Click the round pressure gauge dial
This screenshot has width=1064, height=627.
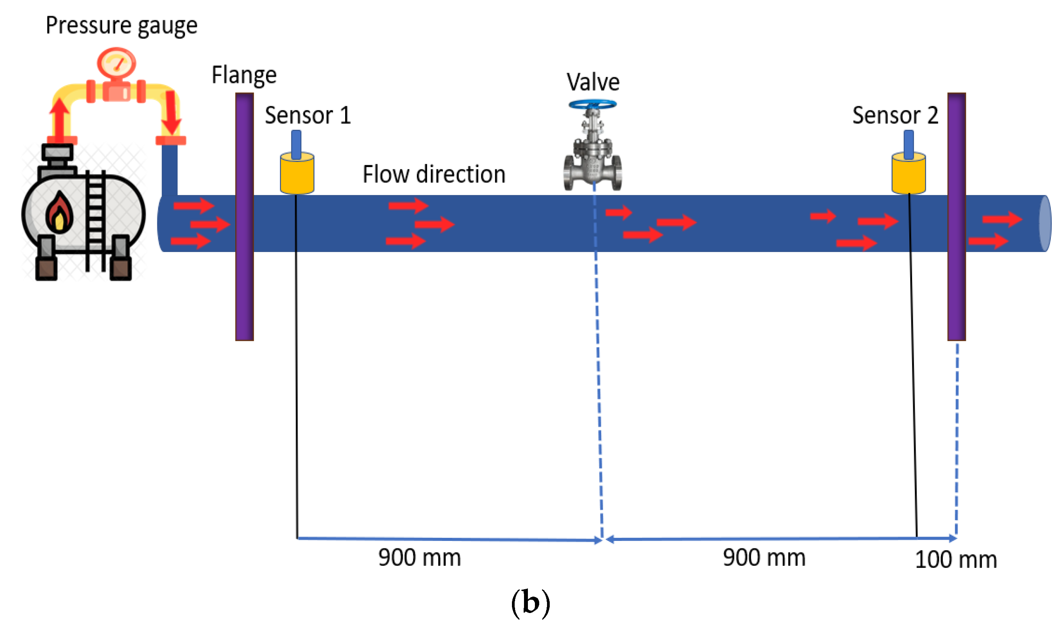pos(116,63)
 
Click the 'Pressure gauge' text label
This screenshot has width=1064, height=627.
pos(121,25)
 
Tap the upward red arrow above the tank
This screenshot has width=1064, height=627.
pos(60,118)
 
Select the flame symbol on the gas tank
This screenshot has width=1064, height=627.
pos(59,213)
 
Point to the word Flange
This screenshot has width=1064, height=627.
pos(244,76)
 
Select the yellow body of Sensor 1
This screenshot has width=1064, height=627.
pos(296,174)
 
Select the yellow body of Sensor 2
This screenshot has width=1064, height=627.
pos(909,174)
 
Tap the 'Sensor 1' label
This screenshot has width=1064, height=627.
pos(308,115)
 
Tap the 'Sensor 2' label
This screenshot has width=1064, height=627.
pos(895,115)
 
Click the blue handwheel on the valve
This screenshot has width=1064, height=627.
pos(593,104)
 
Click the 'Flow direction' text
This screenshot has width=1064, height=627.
pos(434,174)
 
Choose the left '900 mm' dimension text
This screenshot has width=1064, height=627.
pos(419,558)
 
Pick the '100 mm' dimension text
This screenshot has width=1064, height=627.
pos(956,560)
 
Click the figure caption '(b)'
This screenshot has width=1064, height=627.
pos(530,602)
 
